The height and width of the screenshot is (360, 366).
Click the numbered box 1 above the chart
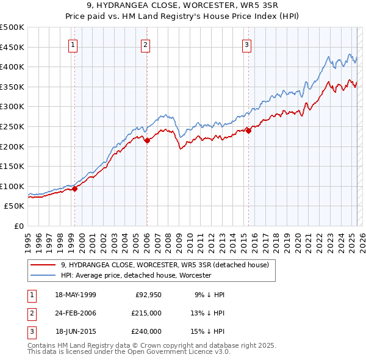[73, 44]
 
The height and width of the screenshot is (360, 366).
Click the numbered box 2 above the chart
[146, 44]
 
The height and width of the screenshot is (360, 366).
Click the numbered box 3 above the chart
[246, 44]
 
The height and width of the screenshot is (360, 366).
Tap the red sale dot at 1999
[74, 189]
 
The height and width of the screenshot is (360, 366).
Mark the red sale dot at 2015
[248, 131]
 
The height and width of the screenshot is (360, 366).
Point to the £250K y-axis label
[12, 126]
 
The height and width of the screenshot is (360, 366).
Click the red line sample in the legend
[43, 265]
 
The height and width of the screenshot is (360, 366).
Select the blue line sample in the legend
[43, 276]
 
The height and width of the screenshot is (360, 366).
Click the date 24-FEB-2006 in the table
[76, 313]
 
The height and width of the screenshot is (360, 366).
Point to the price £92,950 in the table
[148, 295]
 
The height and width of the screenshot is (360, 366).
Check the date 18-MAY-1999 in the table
[76, 295]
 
